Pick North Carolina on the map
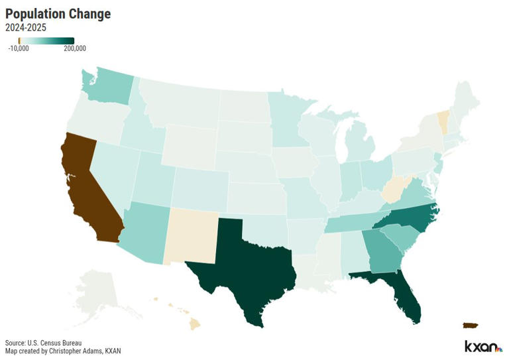411,216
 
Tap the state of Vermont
443,122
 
